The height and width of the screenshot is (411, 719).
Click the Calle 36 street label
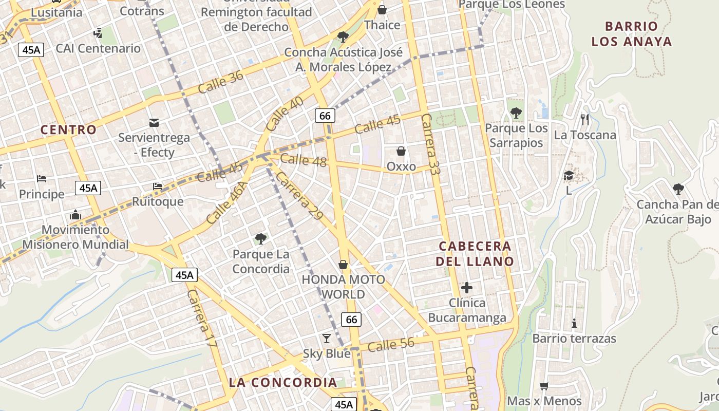(x=220, y=82)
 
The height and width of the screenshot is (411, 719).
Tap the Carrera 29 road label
(x=299, y=196)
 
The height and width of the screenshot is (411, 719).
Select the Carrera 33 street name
(x=430, y=145)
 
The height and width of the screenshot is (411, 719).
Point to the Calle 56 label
(x=391, y=345)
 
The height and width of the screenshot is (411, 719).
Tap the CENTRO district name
(x=68, y=129)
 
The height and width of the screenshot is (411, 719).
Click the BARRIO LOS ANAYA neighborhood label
(x=631, y=34)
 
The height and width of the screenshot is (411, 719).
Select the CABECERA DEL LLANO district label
(x=475, y=253)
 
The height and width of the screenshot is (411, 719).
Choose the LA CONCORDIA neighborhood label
(x=283, y=382)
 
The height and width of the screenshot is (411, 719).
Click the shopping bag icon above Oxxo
(x=401, y=151)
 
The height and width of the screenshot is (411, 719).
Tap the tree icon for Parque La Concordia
(x=261, y=238)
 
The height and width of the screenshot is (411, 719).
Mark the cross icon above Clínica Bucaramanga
(x=467, y=288)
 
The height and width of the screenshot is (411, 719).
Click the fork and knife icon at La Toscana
(x=584, y=120)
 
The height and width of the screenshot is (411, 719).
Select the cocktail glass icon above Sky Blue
(x=326, y=338)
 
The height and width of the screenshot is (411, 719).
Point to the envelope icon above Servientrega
(x=154, y=122)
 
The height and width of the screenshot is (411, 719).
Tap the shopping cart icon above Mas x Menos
(x=544, y=386)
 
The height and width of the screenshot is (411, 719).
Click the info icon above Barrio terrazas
(x=574, y=324)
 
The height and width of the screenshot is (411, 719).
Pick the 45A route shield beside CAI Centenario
(x=31, y=50)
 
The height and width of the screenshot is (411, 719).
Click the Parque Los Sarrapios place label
(x=516, y=135)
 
